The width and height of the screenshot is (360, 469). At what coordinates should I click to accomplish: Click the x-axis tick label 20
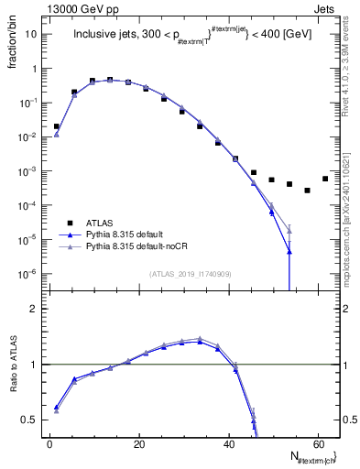(x=138, y=443)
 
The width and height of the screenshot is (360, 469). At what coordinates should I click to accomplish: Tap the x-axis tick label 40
(x=227, y=443)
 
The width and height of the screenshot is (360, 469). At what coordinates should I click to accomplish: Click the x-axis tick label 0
(x=49, y=443)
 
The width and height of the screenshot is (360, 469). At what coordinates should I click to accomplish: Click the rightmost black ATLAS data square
(x=325, y=179)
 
